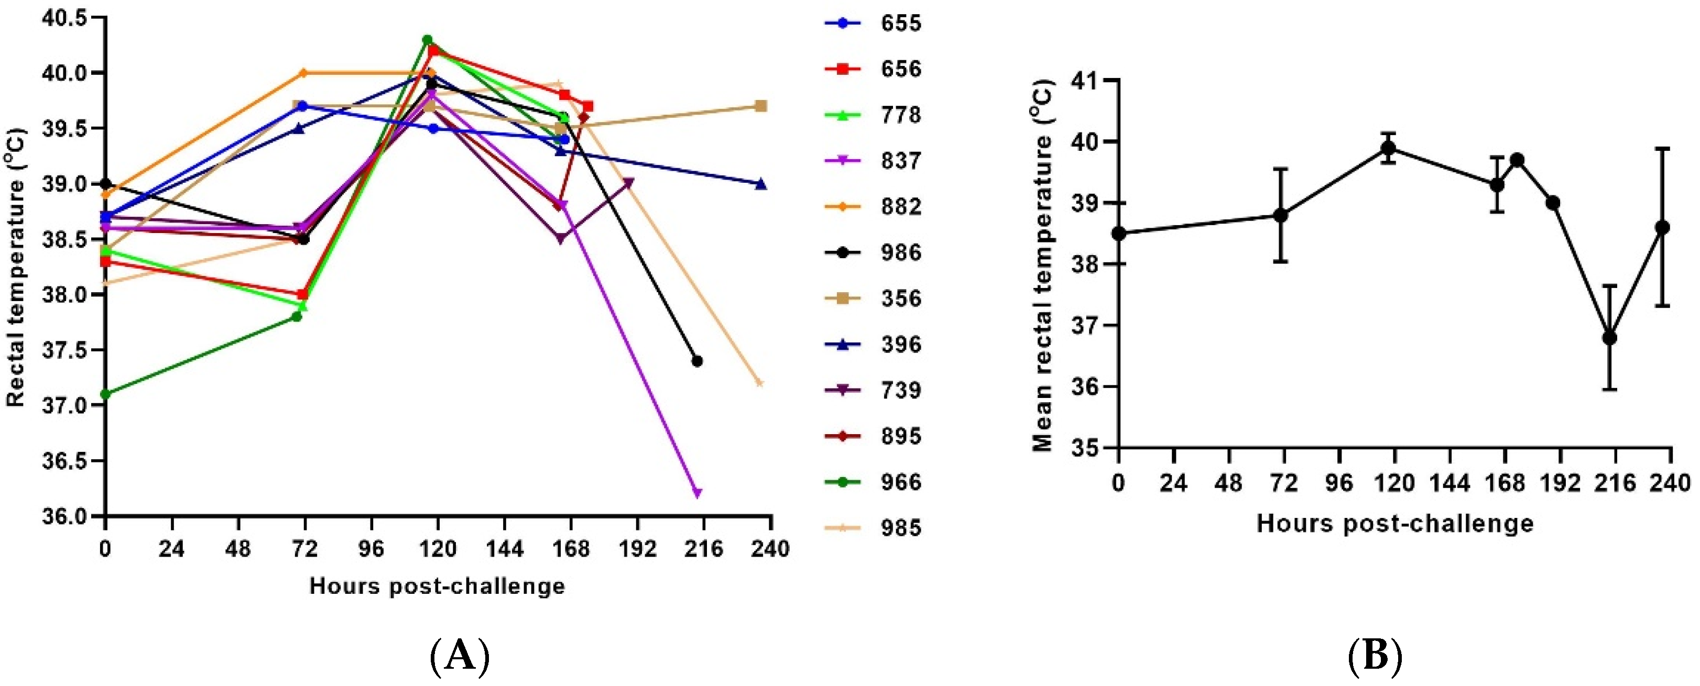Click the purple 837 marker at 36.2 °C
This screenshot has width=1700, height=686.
tap(698, 493)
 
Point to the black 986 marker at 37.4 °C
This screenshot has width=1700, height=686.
tap(697, 361)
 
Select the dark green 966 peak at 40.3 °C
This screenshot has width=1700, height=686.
tap(427, 40)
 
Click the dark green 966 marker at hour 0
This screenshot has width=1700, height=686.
tap(105, 394)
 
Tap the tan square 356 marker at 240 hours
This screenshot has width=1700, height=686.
tap(760, 106)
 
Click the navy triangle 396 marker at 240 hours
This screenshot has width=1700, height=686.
tap(760, 183)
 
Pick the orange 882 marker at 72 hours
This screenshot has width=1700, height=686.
tap(303, 73)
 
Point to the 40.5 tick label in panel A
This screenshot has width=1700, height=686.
tap(63, 18)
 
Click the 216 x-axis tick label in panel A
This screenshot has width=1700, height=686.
tap(703, 549)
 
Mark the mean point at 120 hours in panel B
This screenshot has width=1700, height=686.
tap(1389, 148)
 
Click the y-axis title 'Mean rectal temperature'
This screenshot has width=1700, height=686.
tap(1043, 264)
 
